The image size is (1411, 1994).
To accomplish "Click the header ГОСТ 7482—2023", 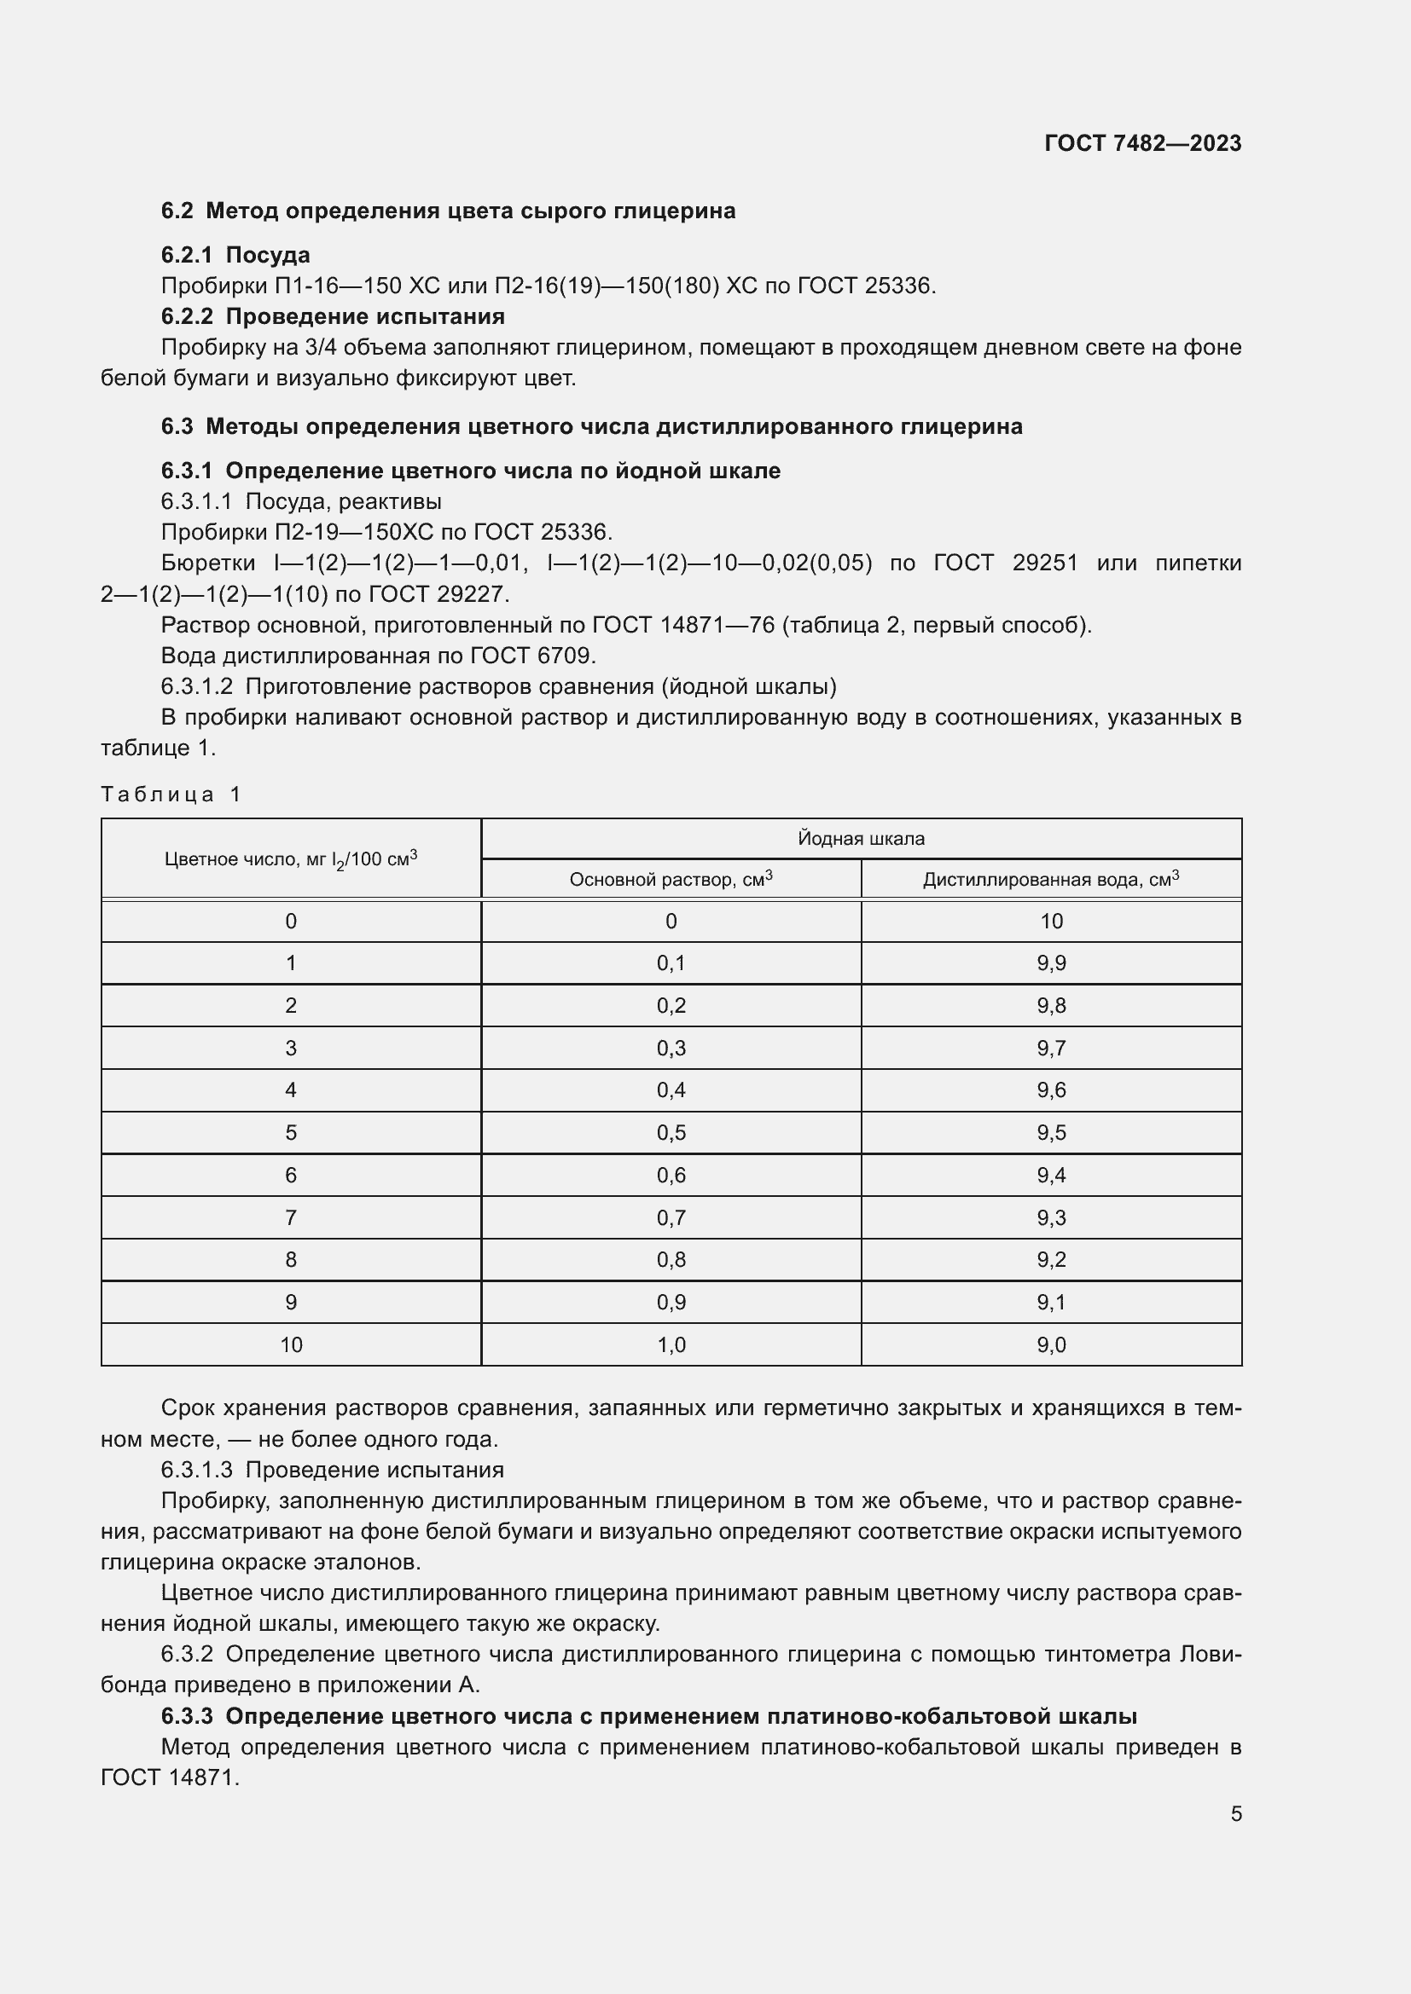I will (1141, 143).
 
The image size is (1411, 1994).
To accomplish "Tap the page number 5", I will (1235, 1813).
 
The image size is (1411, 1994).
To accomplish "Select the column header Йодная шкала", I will (860, 838).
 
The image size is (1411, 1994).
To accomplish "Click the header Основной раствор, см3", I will (671, 879).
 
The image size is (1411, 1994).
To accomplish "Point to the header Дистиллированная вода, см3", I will (1050, 879).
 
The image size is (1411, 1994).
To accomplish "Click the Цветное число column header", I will (290, 859).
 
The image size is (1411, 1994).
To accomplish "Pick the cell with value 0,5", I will (671, 1132).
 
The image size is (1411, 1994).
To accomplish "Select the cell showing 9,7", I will (1050, 1049).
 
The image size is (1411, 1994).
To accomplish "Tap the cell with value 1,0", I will (671, 1344).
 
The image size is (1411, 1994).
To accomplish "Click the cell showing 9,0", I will (1050, 1344).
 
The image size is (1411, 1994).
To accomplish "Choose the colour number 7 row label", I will (290, 1217).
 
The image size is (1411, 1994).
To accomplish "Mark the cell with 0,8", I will (671, 1259).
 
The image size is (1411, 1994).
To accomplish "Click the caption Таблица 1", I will (171, 794).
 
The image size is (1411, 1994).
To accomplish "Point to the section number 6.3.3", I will (187, 1716).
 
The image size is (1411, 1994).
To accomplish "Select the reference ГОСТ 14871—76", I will (683, 624).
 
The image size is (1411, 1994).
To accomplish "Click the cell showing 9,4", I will (1050, 1175).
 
